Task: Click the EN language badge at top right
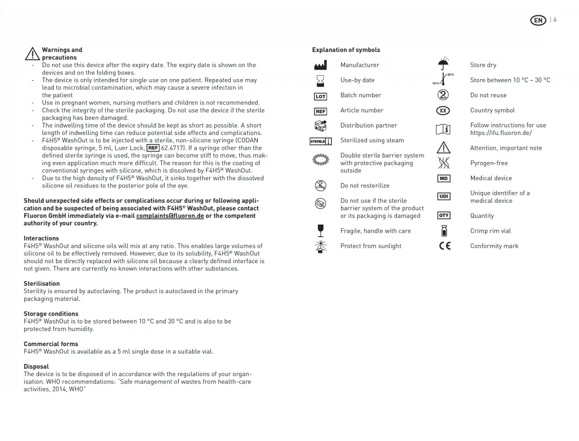coord(538,20)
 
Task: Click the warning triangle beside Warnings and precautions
coord(32,54)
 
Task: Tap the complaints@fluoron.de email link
coord(170,216)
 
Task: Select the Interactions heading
coord(41,238)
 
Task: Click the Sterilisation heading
coord(42,283)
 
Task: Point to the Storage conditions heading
coord(51,314)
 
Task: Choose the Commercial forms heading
coord(51,344)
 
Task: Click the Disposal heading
coord(36,366)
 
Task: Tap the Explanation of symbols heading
coord(346,50)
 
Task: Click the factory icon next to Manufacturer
coord(321,66)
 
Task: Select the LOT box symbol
coord(321,96)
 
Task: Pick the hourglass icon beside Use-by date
coord(321,80)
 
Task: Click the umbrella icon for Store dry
coord(444,64)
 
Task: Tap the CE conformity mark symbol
coord(445,246)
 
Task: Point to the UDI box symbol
coord(444,196)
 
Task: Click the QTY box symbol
coord(444,216)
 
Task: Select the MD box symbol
coord(444,178)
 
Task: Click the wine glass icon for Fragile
coord(321,230)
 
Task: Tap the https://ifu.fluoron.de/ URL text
coord(501,133)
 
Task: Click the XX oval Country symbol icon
coord(444,111)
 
